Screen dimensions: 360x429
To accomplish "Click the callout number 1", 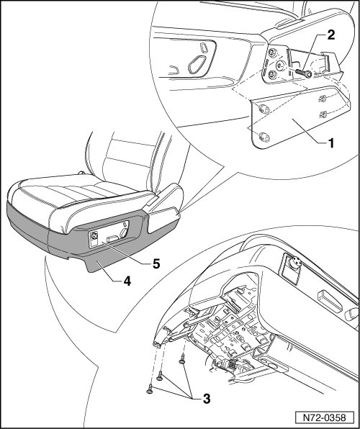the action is pyautogui.click(x=331, y=143).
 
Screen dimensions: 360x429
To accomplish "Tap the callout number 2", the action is pyautogui.click(x=331, y=35).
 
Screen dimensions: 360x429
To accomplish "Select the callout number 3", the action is pyautogui.click(x=207, y=399).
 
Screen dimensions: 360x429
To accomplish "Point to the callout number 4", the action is pyautogui.click(x=127, y=281).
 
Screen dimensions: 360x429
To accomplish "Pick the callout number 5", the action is pyautogui.click(x=156, y=264).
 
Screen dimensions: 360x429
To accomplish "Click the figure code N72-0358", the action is pyautogui.click(x=325, y=417).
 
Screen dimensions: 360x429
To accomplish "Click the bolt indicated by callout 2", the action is pyautogui.click(x=303, y=73).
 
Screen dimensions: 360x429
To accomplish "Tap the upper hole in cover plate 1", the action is pyautogui.click(x=264, y=109).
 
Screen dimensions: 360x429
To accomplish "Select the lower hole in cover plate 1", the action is pyautogui.click(x=264, y=137).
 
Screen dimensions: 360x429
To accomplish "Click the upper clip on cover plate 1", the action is pyautogui.click(x=323, y=99).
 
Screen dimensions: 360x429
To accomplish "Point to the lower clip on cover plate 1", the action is pyautogui.click(x=323, y=114).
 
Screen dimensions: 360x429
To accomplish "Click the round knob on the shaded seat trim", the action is pyautogui.click(x=94, y=236).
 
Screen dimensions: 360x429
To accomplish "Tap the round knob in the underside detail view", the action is pyautogui.click(x=296, y=263).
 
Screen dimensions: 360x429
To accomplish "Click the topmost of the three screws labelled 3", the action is pyautogui.click(x=182, y=358).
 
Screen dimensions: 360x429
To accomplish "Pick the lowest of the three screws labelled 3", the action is pyautogui.click(x=150, y=389).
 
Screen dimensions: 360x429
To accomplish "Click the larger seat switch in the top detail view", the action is pyautogui.click(x=197, y=64).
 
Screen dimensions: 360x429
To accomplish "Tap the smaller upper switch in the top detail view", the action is pyautogui.click(x=204, y=48).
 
